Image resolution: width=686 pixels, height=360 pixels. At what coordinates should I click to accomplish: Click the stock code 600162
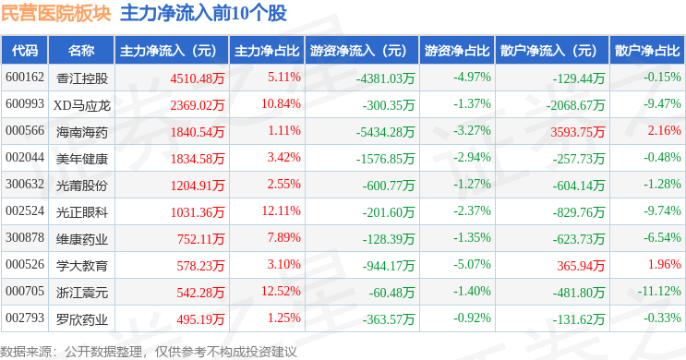25,78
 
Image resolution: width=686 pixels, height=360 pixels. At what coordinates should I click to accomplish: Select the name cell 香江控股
82,78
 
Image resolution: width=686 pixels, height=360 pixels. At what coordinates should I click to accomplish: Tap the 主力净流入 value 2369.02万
198,105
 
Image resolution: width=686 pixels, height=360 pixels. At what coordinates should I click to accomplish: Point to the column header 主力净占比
267,51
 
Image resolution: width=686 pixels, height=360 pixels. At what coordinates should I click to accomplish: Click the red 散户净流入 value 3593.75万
577,132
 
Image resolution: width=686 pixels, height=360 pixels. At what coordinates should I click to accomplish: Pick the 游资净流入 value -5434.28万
385,132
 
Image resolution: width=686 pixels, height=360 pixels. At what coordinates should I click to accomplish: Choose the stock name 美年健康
82,159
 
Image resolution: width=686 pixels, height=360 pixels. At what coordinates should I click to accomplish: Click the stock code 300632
25,185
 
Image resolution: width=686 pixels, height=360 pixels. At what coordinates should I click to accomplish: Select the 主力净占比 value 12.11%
282,210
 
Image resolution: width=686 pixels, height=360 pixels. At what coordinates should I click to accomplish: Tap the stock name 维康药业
82,239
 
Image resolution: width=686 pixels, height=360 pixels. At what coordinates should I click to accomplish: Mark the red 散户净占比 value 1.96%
664,264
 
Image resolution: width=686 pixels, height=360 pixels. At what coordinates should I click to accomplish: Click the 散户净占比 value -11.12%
659,291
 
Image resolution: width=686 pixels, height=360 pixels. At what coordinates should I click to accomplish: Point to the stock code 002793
25,318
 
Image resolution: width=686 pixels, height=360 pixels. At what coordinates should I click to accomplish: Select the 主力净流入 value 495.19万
200,319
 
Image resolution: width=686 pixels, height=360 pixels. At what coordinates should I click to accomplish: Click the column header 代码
25,51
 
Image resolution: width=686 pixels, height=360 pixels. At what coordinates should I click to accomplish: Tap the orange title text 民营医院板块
56,13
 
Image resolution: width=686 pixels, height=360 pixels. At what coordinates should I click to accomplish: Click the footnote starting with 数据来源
149,352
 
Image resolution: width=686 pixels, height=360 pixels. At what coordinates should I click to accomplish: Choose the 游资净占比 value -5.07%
472,264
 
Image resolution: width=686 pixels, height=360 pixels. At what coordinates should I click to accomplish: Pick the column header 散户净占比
647,51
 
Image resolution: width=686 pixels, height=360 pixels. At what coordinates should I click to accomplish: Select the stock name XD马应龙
82,105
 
